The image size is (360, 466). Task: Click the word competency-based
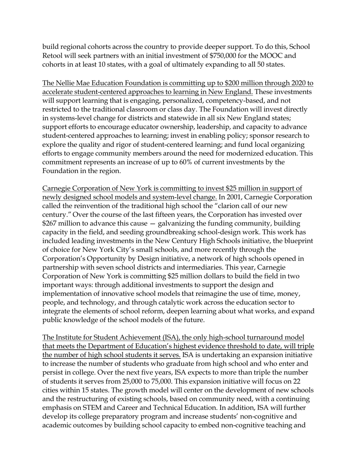point(239,101)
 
